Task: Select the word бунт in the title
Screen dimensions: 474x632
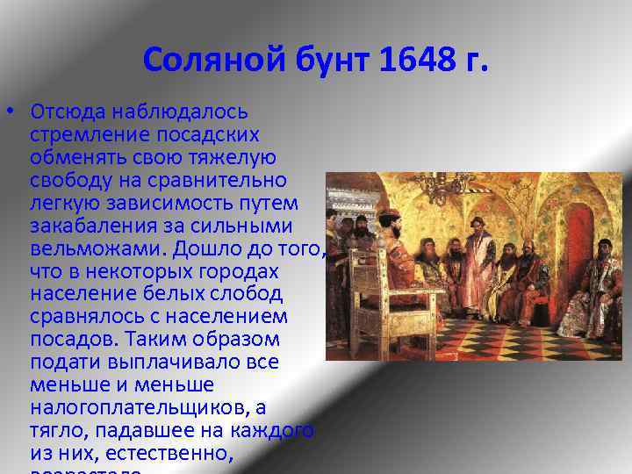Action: pyautogui.click(x=325, y=61)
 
